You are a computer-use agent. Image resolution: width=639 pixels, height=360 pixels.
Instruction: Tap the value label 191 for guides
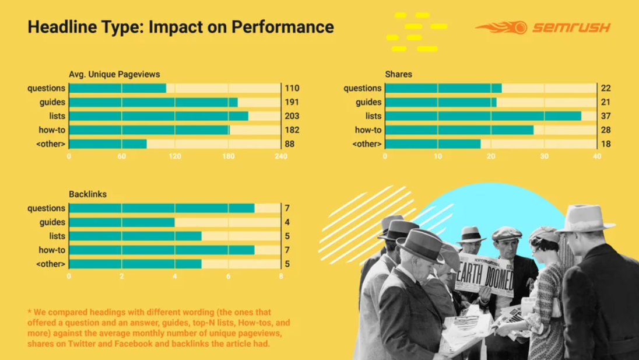(x=292, y=102)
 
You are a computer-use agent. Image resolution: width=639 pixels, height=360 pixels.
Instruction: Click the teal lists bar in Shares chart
(x=483, y=116)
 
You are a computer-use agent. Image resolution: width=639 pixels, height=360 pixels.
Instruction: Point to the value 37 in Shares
(x=606, y=116)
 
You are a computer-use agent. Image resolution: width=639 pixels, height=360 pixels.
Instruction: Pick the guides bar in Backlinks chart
(x=122, y=222)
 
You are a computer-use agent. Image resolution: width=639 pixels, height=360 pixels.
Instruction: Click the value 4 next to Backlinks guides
(x=287, y=222)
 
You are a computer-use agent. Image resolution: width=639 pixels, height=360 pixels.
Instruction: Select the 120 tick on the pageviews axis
(x=175, y=156)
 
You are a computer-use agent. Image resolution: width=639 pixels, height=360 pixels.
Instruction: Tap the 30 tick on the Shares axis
(x=544, y=156)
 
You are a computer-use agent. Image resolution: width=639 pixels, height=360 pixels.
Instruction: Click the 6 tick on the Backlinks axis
(x=229, y=276)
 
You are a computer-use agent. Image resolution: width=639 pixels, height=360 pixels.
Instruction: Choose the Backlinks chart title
(x=87, y=194)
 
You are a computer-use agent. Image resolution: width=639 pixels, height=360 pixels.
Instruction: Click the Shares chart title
(x=398, y=74)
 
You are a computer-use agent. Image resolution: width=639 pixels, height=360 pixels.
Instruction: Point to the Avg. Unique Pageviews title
(x=114, y=74)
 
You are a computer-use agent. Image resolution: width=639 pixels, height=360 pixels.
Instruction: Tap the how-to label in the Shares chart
(x=368, y=130)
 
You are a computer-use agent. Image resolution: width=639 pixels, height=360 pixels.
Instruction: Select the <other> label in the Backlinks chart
(x=51, y=264)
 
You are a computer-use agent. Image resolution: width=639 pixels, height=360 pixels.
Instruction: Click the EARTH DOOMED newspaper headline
(x=484, y=275)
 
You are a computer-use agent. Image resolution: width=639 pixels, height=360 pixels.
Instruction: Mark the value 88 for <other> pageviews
(x=289, y=144)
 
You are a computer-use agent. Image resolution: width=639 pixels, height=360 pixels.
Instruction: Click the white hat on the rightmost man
(x=584, y=218)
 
